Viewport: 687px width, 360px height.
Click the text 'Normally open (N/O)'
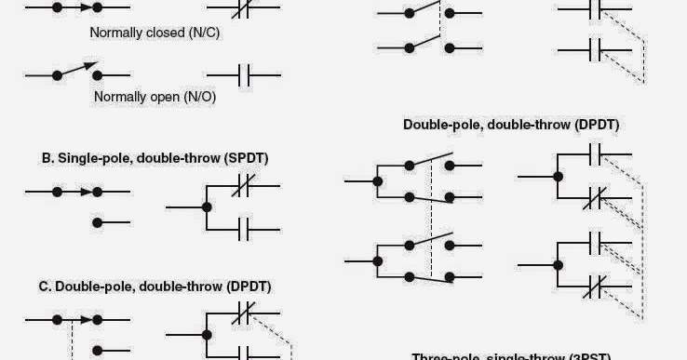[155, 96]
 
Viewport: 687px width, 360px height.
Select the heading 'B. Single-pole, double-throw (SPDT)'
[155, 158]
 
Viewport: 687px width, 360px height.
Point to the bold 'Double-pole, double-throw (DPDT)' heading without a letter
[511, 124]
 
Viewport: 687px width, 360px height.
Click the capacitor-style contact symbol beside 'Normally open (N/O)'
[244, 73]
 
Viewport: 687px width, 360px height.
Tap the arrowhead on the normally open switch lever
[91, 65]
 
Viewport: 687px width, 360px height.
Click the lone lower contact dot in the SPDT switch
[99, 223]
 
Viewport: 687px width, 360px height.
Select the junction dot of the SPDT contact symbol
[208, 206]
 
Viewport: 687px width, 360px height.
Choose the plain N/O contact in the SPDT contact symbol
[244, 226]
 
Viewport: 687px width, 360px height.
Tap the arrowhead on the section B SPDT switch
[84, 193]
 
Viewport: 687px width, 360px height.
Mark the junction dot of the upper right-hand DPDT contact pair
[558, 176]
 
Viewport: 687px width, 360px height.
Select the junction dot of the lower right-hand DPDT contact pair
[558, 264]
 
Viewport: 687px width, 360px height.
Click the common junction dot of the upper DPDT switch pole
[377, 180]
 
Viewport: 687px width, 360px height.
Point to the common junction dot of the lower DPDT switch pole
[377, 260]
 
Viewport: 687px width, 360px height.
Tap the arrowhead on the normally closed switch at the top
[85, 6]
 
